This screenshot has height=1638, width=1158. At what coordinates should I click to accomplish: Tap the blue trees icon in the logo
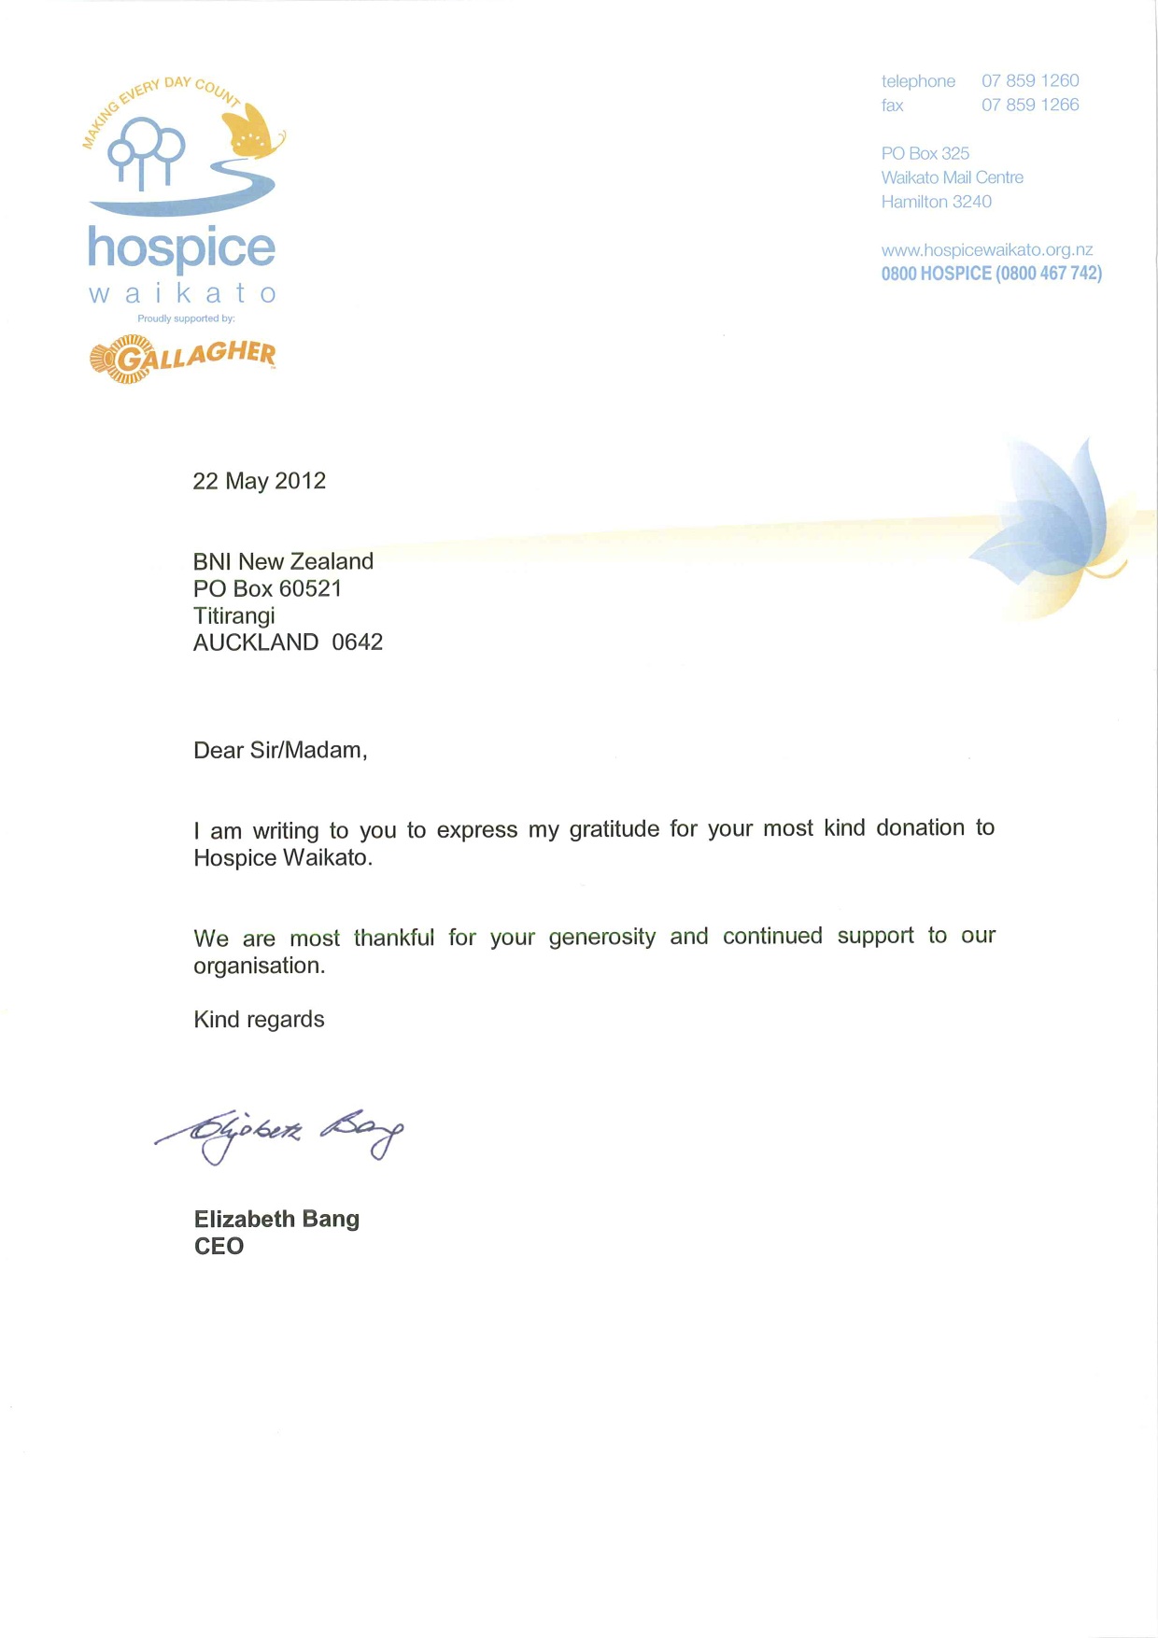click(147, 152)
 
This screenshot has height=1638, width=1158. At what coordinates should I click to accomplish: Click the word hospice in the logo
click(182, 248)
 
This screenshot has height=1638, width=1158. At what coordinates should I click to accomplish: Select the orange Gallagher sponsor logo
click(183, 359)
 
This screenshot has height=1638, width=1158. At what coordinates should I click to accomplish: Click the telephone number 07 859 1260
click(1030, 81)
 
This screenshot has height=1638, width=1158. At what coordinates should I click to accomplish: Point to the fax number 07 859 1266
click(1030, 106)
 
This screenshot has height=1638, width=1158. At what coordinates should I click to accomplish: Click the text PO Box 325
click(925, 153)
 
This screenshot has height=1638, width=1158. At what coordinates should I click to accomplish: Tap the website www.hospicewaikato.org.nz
click(987, 250)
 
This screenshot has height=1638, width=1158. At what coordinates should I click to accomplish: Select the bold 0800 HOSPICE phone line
click(991, 274)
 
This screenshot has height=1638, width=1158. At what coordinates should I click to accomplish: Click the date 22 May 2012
click(260, 481)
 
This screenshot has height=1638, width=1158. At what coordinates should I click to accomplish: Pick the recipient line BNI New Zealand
click(283, 561)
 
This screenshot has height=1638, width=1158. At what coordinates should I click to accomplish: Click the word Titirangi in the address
click(234, 616)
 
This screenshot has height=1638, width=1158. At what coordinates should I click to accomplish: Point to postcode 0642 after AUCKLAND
click(358, 642)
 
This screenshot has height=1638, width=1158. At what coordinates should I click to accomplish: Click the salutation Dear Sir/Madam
click(280, 751)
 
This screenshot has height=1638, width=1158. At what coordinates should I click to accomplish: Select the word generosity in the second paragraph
click(602, 937)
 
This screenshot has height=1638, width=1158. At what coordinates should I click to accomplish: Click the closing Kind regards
click(259, 1020)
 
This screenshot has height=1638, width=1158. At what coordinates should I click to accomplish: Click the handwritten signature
click(280, 1132)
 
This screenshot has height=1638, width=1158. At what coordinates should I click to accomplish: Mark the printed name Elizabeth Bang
click(276, 1220)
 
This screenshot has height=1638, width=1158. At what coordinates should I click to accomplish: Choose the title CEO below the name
click(219, 1247)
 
